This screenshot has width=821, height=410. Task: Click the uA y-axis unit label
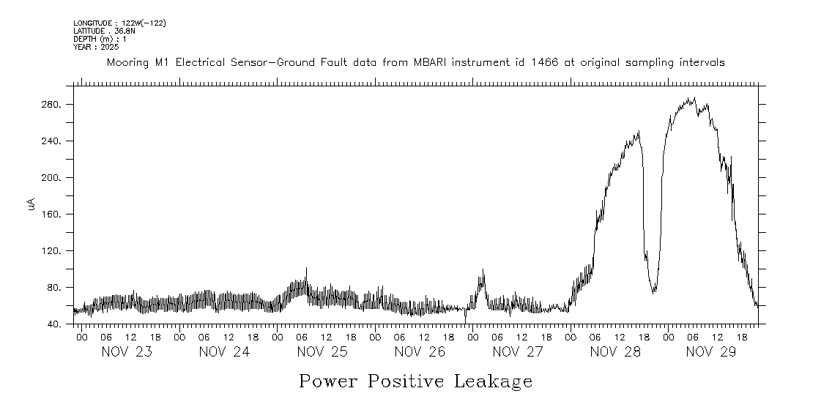click(x=31, y=206)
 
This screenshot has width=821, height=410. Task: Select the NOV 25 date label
click(x=322, y=352)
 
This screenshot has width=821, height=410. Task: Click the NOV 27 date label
click(x=518, y=352)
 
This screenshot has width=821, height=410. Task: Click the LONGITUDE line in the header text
click(x=119, y=23)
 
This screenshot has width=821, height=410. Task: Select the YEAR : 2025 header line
click(x=95, y=47)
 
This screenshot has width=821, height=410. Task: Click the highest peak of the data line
click(x=693, y=98)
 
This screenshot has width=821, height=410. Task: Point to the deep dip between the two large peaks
click(x=653, y=291)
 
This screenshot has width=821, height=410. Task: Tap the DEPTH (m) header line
click(x=100, y=39)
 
